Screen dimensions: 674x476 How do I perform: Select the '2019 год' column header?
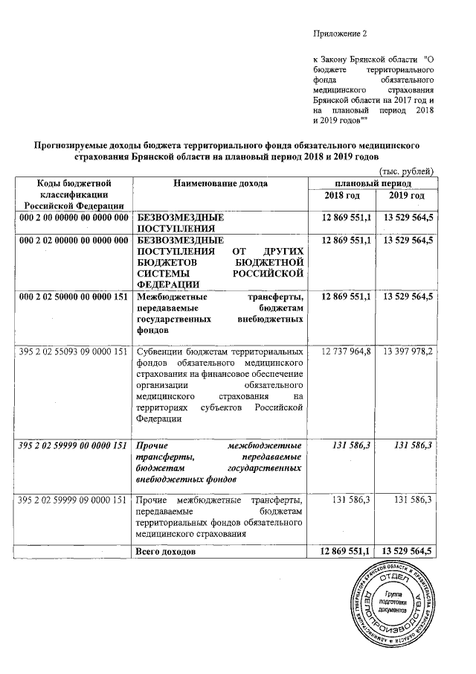[407, 195]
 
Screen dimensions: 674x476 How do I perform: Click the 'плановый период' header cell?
[373, 183]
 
